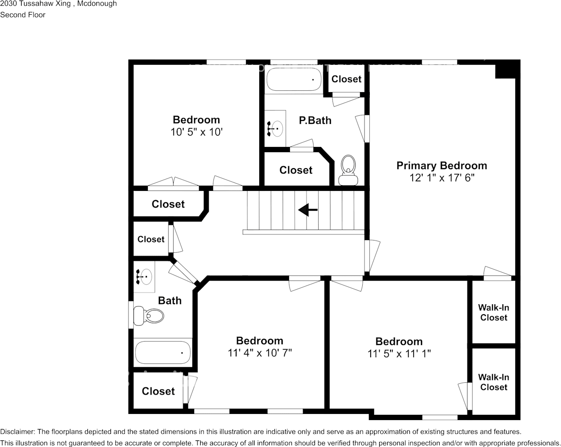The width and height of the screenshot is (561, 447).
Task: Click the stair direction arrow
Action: pyautogui.click(x=308, y=210)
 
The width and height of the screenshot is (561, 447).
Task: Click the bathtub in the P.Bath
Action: pyautogui.click(x=293, y=79)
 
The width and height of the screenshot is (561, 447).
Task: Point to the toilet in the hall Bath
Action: pyautogui.click(x=148, y=316)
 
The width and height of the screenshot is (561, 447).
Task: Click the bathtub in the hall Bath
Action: pyautogui.click(x=163, y=352)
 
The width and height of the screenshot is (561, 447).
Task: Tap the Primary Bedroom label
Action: pyautogui.click(x=442, y=166)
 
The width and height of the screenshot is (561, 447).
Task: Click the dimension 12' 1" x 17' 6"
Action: pyautogui.click(x=442, y=178)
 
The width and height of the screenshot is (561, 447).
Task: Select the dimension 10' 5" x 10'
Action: pyautogui.click(x=196, y=132)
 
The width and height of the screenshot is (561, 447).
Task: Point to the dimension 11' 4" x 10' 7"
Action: pyautogui.click(x=260, y=353)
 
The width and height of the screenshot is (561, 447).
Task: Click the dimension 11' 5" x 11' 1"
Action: pyautogui.click(x=399, y=353)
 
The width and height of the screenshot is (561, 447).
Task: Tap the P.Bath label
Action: pyautogui.click(x=315, y=120)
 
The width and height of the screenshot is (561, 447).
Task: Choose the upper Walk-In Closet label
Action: pyautogui.click(x=494, y=312)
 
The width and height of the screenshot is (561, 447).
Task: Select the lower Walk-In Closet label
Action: pyautogui.click(x=494, y=382)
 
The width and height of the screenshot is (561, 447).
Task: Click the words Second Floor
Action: pyautogui.click(x=23, y=15)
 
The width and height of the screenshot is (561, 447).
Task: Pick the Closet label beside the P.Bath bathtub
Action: pyautogui.click(x=346, y=79)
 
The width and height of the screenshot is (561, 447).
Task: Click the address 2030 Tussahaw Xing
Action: pyautogui.click(x=35, y=4)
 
